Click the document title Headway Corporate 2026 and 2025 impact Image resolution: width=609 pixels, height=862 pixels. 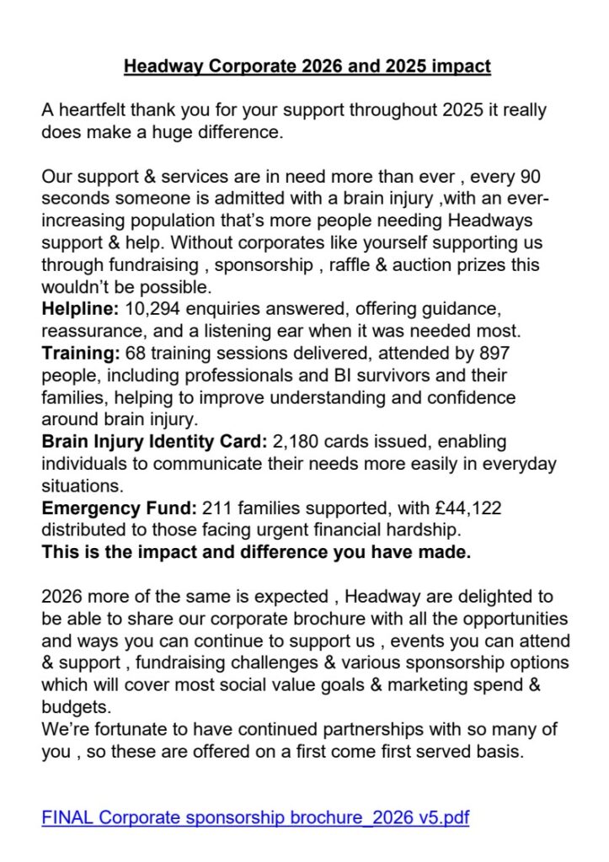coord(307,66)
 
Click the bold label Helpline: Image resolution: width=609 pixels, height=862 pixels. coord(80,309)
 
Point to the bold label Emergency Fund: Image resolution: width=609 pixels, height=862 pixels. coord(119,508)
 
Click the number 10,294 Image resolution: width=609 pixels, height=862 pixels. coord(150,309)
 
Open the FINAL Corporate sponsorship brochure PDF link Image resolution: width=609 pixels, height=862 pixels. coord(255,817)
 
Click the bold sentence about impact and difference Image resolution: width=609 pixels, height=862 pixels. coord(256,551)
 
